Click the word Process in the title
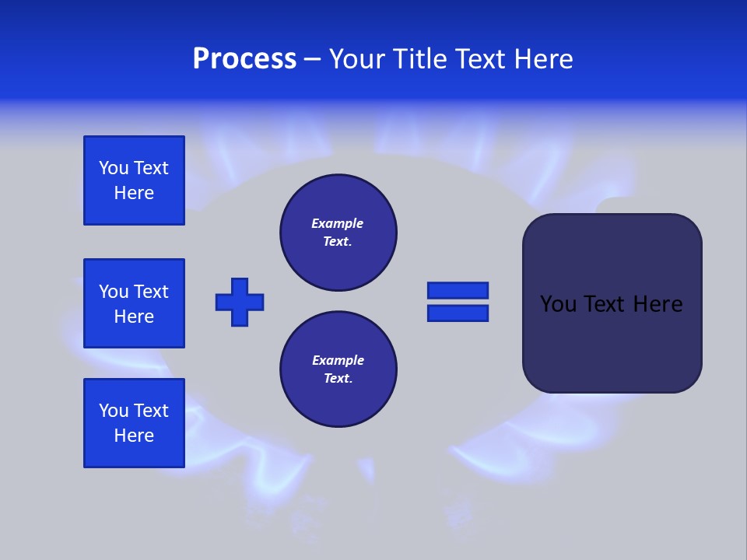click(x=244, y=59)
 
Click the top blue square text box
click(x=134, y=180)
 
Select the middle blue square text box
click(x=134, y=303)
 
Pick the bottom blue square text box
click(x=134, y=423)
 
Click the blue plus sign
click(x=240, y=302)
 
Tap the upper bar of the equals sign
click(x=458, y=290)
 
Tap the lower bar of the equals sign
click(x=458, y=313)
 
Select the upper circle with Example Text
click(x=338, y=233)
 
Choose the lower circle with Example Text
click(x=338, y=369)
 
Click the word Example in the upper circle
click(x=338, y=223)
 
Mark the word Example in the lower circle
click(x=338, y=360)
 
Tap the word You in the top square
click(x=114, y=168)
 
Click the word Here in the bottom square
click(x=134, y=436)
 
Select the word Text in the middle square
click(x=151, y=292)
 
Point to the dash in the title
click(x=312, y=59)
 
